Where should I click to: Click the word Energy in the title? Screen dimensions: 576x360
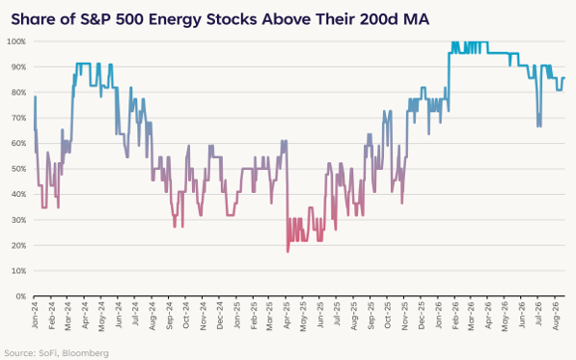tap(175, 20)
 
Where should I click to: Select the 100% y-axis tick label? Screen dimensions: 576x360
tap(16, 42)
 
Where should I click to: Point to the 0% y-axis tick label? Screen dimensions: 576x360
tap(20, 296)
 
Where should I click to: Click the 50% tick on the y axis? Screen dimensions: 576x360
tap(18, 169)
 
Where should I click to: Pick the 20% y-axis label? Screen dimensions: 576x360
tap(18, 245)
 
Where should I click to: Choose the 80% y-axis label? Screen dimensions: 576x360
tap(18, 93)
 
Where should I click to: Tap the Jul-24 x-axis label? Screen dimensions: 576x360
tap(135, 314)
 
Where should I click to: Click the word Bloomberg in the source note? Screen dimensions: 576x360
tap(85, 353)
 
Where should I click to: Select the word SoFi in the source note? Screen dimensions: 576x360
tap(47, 353)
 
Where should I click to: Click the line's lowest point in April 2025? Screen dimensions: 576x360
tap(288, 252)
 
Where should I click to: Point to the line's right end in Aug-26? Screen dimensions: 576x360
tap(564, 78)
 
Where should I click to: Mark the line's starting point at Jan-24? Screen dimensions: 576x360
tap(35, 129)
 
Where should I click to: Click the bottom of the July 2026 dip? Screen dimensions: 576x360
tap(539, 126)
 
